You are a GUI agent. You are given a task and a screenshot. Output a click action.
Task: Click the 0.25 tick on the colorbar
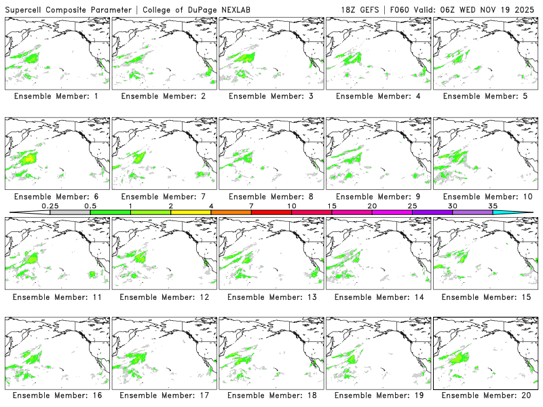[50, 206]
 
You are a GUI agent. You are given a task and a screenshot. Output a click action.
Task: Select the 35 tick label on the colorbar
[493, 206]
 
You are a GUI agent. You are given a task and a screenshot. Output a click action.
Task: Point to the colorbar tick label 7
[251, 206]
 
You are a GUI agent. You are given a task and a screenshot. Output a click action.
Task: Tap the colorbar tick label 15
[332, 206]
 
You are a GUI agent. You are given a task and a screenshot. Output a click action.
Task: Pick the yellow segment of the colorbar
[191, 212]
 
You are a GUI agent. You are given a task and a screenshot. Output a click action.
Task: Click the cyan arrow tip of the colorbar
[523, 212]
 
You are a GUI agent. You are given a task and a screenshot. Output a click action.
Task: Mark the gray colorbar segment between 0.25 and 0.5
[70, 212]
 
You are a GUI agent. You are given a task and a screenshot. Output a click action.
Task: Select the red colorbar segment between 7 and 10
[271, 212]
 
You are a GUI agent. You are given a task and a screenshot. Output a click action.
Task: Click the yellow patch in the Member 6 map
[29, 158]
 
